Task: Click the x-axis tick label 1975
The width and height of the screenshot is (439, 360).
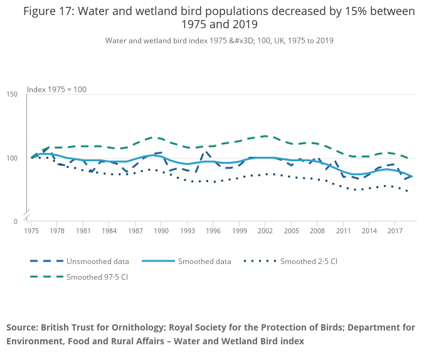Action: tap(31, 231)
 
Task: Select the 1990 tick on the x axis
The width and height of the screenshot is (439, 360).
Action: tap(161, 231)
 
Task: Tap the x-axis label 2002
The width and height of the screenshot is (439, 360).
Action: tap(265, 231)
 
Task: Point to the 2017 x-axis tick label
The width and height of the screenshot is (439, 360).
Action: tap(394, 231)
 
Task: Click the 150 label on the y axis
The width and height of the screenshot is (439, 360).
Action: tap(12, 94)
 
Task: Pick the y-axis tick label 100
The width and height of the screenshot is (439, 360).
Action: tap(12, 158)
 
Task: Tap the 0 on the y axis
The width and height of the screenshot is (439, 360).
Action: tap(14, 221)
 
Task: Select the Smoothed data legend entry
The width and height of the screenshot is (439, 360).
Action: tap(204, 262)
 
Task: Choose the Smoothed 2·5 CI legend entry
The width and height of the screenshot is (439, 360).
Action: tap(309, 262)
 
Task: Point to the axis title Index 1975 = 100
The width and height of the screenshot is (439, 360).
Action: tap(56, 90)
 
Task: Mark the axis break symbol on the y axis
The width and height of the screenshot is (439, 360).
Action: tap(27, 214)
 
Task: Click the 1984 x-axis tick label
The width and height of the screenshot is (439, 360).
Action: tap(109, 231)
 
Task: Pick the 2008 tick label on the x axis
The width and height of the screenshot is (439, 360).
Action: tap(317, 231)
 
